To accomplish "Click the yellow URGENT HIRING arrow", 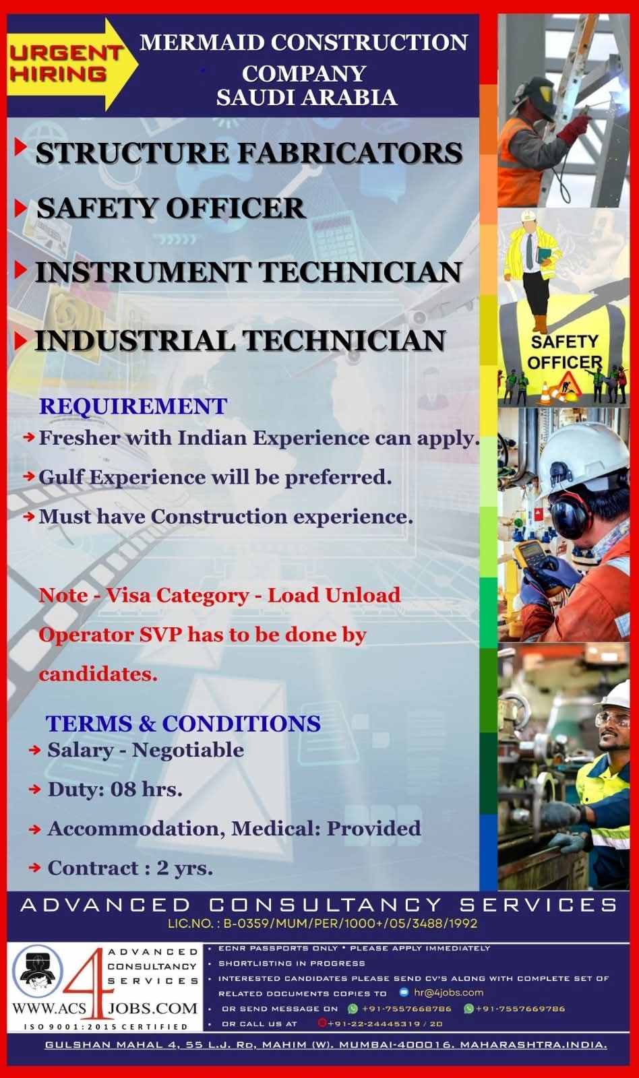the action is click(x=72, y=64).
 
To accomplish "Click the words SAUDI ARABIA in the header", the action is click(x=307, y=97).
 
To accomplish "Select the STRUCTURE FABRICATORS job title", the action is click(x=249, y=152).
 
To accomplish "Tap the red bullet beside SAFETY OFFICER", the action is click(x=20, y=208).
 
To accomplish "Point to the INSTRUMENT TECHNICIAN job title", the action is click(x=249, y=272).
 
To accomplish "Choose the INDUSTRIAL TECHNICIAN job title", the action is click(x=240, y=340).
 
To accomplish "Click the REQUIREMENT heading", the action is click(x=133, y=406).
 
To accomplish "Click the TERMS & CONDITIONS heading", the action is click(x=183, y=724).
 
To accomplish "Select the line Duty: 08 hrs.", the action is click(x=115, y=789).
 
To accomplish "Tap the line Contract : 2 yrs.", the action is click(x=130, y=868).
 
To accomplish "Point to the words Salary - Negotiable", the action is click(x=146, y=750).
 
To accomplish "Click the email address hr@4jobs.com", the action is click(x=448, y=992).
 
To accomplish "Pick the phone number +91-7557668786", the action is click(x=406, y=1008).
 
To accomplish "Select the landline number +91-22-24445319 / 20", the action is click(x=385, y=1023).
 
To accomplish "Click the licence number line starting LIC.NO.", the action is click(x=323, y=924).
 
